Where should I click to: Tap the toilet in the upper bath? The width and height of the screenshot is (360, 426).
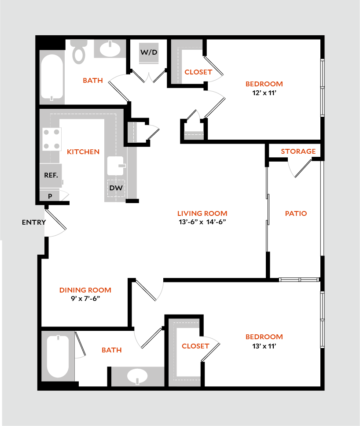tap(79, 50)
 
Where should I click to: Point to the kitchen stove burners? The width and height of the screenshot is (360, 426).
tap(51, 139)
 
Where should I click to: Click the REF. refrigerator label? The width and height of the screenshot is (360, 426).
tap(51, 175)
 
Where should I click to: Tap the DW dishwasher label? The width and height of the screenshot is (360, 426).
tap(116, 188)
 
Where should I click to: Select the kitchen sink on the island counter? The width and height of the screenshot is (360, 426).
tap(117, 165)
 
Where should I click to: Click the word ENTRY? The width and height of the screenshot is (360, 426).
tap(33, 222)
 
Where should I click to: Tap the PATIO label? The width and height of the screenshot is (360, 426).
tap(296, 214)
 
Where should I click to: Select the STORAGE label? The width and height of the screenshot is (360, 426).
tap(298, 152)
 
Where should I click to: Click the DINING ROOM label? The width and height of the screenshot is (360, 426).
tap(85, 290)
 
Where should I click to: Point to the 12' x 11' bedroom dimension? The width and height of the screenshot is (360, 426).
tap(264, 93)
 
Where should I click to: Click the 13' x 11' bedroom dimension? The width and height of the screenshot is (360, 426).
tap(264, 346)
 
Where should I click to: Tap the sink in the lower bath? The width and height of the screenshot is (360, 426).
tap(137, 377)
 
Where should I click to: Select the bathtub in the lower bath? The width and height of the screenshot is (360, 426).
tap(58, 356)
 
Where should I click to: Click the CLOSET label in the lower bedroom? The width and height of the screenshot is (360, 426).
tap(195, 346)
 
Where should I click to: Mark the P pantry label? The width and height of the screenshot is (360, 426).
tap(50, 196)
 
